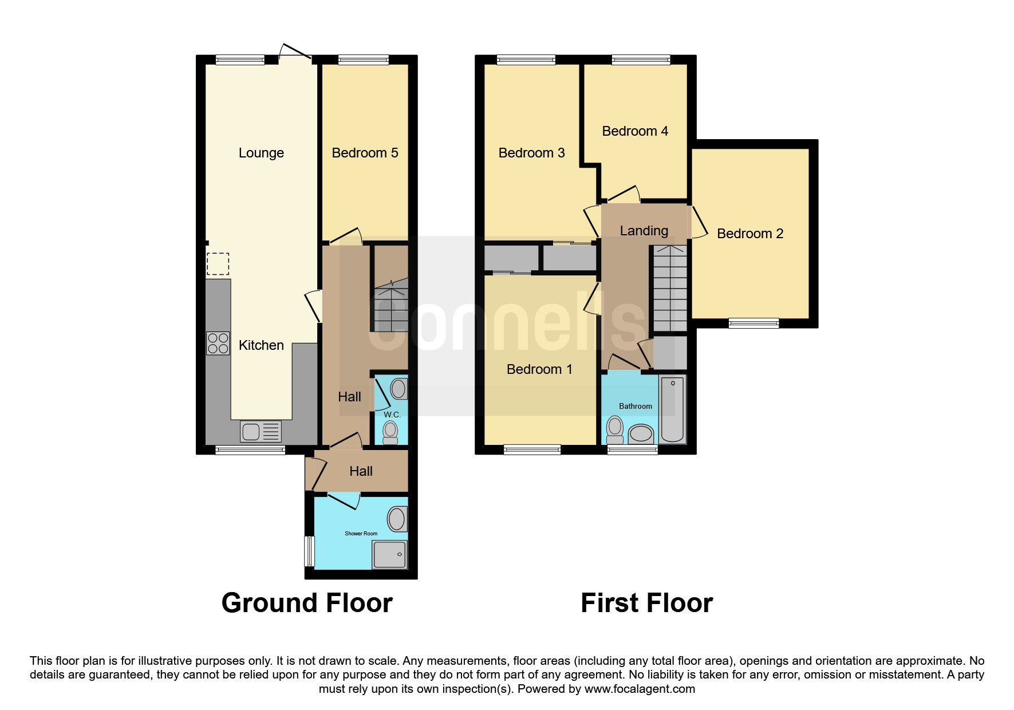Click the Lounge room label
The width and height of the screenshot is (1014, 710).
pyautogui.click(x=261, y=153)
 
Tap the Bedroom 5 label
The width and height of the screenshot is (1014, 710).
pyautogui.click(x=365, y=153)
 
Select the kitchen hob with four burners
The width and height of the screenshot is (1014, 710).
pyautogui.click(x=218, y=343)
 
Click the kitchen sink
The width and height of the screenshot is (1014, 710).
pyautogui.click(x=261, y=431)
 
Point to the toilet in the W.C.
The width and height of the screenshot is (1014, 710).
pyautogui.click(x=390, y=432)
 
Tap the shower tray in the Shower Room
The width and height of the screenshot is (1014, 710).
pyautogui.click(x=389, y=554)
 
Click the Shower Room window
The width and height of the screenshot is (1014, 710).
pyautogui.click(x=309, y=550)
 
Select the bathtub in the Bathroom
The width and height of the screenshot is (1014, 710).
pyautogui.click(x=673, y=409)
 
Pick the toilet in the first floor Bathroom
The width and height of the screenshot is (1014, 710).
pyautogui.click(x=615, y=431)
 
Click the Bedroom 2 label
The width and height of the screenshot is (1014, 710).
pyautogui.click(x=750, y=234)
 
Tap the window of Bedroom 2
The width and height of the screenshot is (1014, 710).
pyautogui.click(x=754, y=324)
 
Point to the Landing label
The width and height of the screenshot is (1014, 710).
pyautogui.click(x=644, y=231)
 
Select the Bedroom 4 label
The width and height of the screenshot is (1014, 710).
pyautogui.click(x=635, y=131)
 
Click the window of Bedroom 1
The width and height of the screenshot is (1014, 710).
pyautogui.click(x=532, y=449)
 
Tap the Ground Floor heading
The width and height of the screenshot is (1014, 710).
pyautogui.click(x=307, y=603)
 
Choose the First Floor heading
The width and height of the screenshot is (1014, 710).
pyautogui.click(x=647, y=603)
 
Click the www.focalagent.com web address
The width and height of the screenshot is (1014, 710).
pyautogui.click(x=640, y=689)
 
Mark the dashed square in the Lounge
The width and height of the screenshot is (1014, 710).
pyautogui.click(x=218, y=264)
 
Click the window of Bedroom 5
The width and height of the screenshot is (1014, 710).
pyautogui.click(x=364, y=60)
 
